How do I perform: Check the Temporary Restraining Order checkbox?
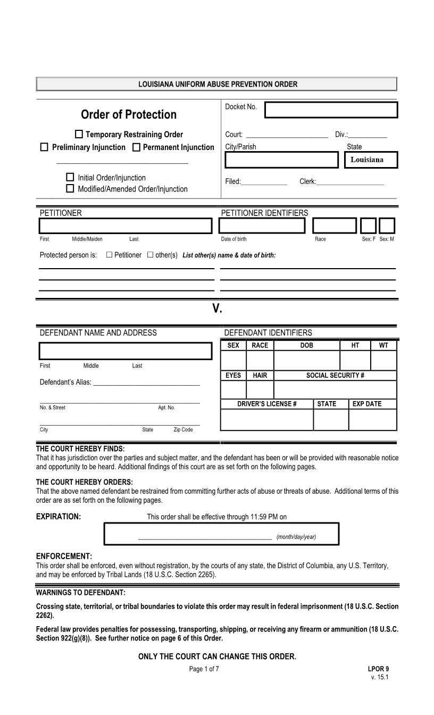[x=79, y=135]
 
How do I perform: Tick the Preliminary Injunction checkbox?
[x=44, y=147]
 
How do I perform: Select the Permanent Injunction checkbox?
[x=136, y=147]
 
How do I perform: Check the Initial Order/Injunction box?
[x=70, y=177]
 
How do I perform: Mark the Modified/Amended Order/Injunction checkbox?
[x=70, y=188]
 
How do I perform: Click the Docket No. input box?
[x=331, y=110]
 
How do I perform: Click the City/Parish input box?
[x=281, y=160]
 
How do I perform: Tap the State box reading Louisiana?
[x=369, y=160]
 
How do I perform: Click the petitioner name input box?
[x=126, y=226]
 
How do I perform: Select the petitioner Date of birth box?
[x=263, y=226]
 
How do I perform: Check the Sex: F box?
[x=369, y=226]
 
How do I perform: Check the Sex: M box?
[x=387, y=226]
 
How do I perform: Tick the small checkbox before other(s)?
[x=150, y=255]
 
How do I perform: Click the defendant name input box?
[x=126, y=352]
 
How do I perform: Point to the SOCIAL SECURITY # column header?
[x=335, y=376]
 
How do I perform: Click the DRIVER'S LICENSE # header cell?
[x=267, y=404]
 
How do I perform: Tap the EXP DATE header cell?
[x=367, y=404]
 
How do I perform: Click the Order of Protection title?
[x=129, y=114]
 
